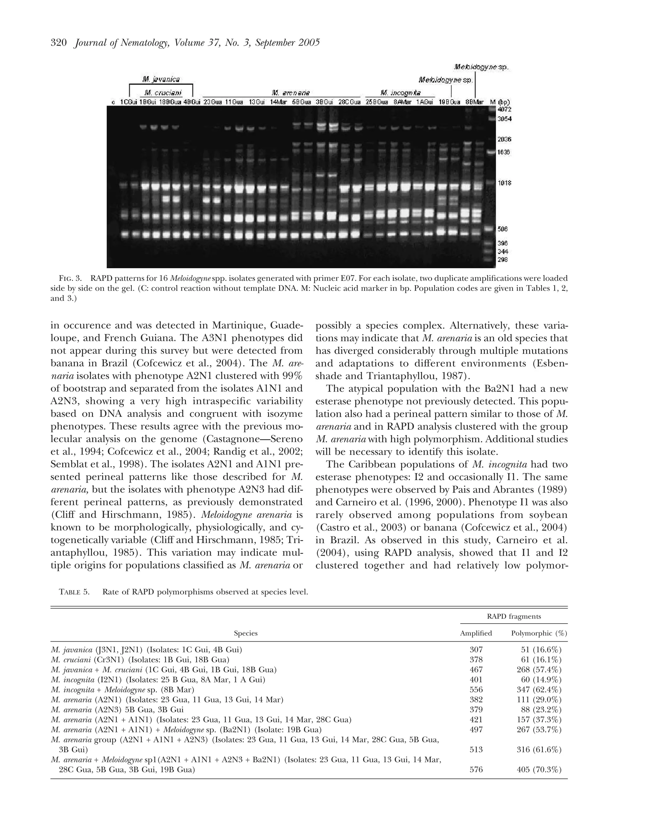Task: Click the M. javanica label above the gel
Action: pyautogui.click(x=161, y=79)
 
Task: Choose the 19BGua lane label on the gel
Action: pyautogui.click(x=449, y=102)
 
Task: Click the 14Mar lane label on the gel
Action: pyautogui.click(x=278, y=102)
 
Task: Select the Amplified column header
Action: pyautogui.click(x=476, y=633)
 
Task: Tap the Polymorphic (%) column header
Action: pyautogui.click(x=539, y=633)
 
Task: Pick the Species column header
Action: pyautogui.click(x=246, y=633)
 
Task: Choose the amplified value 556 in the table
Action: pyautogui.click(x=476, y=690)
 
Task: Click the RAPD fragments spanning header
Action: pyautogui.click(x=514, y=616)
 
